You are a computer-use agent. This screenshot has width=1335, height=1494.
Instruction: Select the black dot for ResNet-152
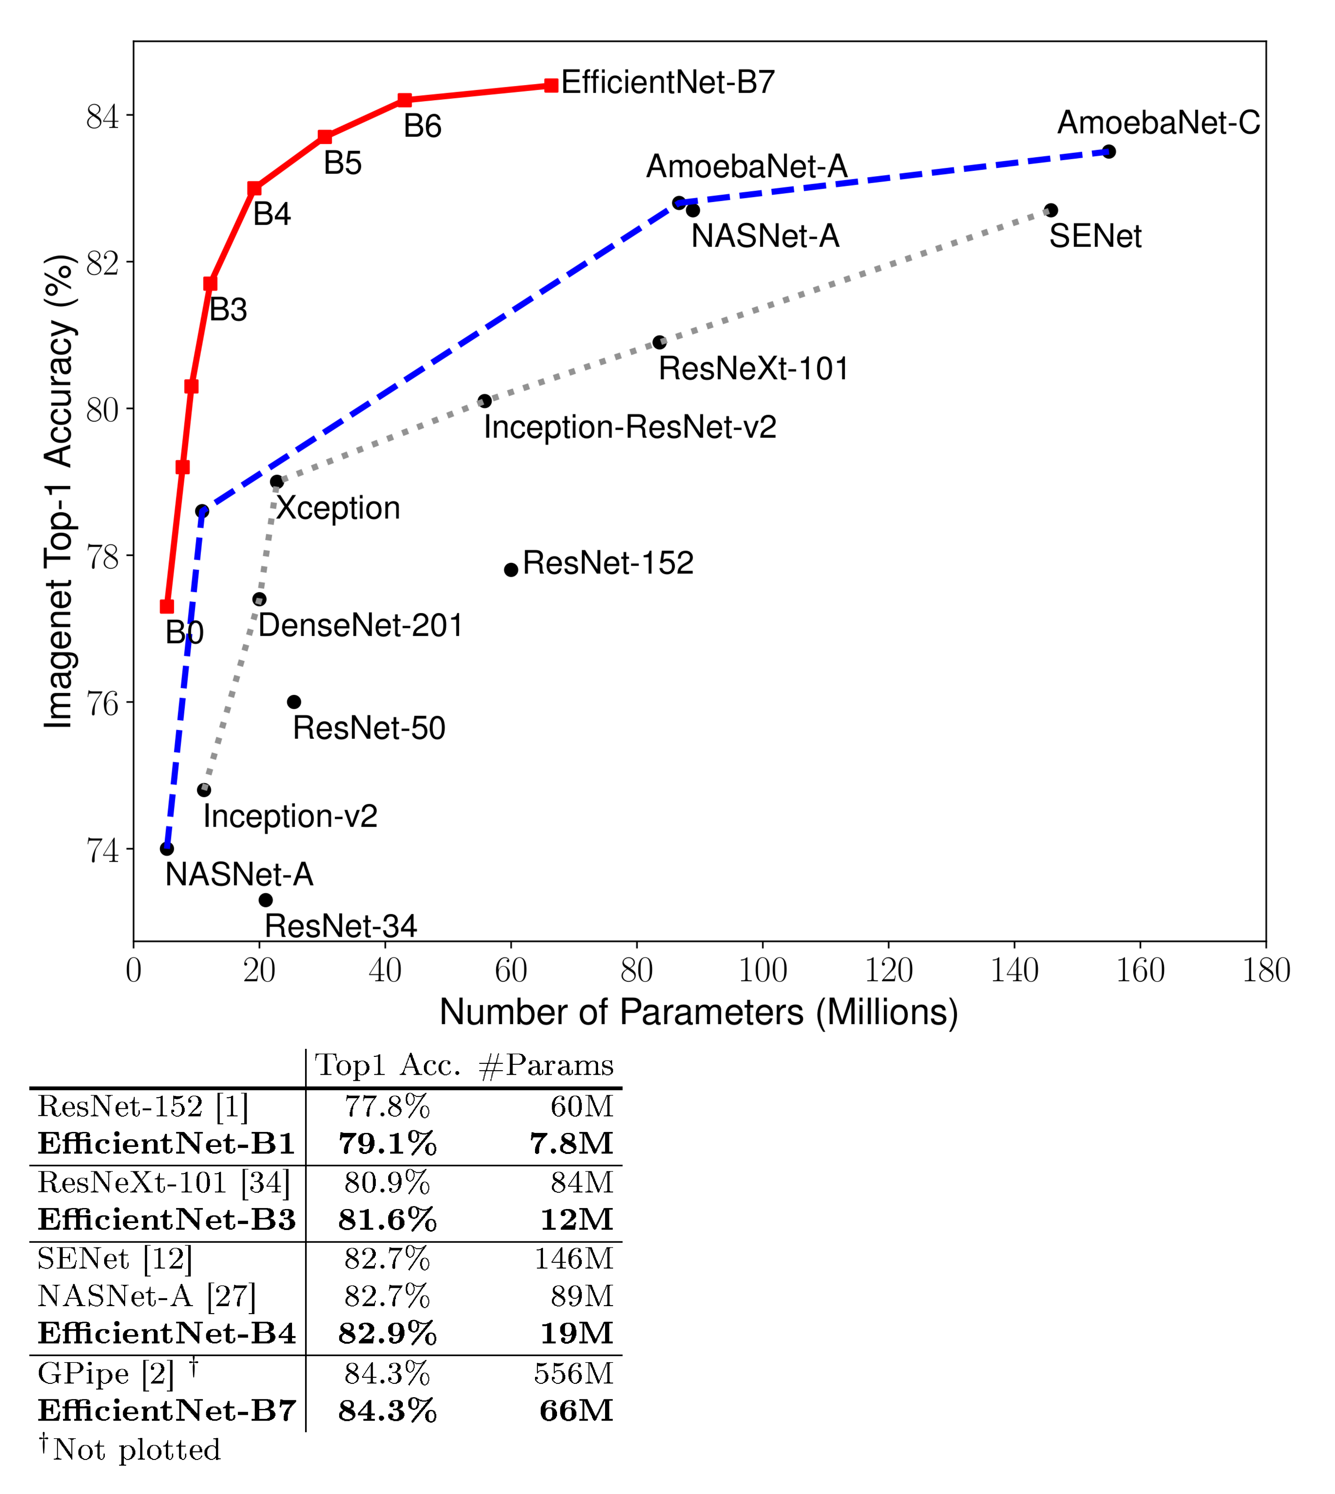pyautogui.click(x=511, y=570)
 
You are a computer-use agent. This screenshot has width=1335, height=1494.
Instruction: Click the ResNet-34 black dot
pyautogui.click(x=266, y=900)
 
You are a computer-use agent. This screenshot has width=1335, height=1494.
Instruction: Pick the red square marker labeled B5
pyautogui.click(x=325, y=137)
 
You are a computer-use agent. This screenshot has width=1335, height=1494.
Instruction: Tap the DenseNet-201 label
pyautogui.click(x=360, y=626)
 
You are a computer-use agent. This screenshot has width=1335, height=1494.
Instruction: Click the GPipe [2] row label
pyautogui.click(x=106, y=1374)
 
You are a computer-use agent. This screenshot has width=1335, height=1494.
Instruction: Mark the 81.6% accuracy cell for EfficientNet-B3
pyautogui.click(x=387, y=1220)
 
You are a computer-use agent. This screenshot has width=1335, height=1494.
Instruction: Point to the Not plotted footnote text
pyautogui.click(x=136, y=1450)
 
